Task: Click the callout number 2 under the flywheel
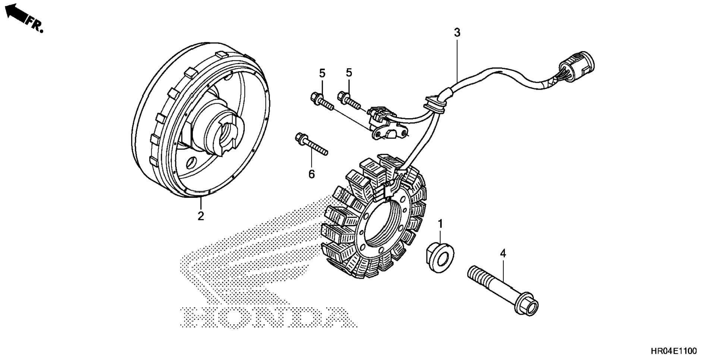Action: (201, 216)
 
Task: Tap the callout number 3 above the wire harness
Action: (457, 33)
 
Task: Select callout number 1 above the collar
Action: (440, 224)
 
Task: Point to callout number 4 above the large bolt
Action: (503, 254)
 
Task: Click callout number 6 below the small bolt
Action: (311, 174)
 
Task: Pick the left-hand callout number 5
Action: (322, 73)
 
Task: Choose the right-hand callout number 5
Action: (349, 73)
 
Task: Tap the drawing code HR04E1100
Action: (673, 351)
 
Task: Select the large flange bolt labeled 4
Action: (503, 291)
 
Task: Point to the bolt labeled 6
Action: (311, 144)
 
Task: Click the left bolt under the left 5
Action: (321, 101)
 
